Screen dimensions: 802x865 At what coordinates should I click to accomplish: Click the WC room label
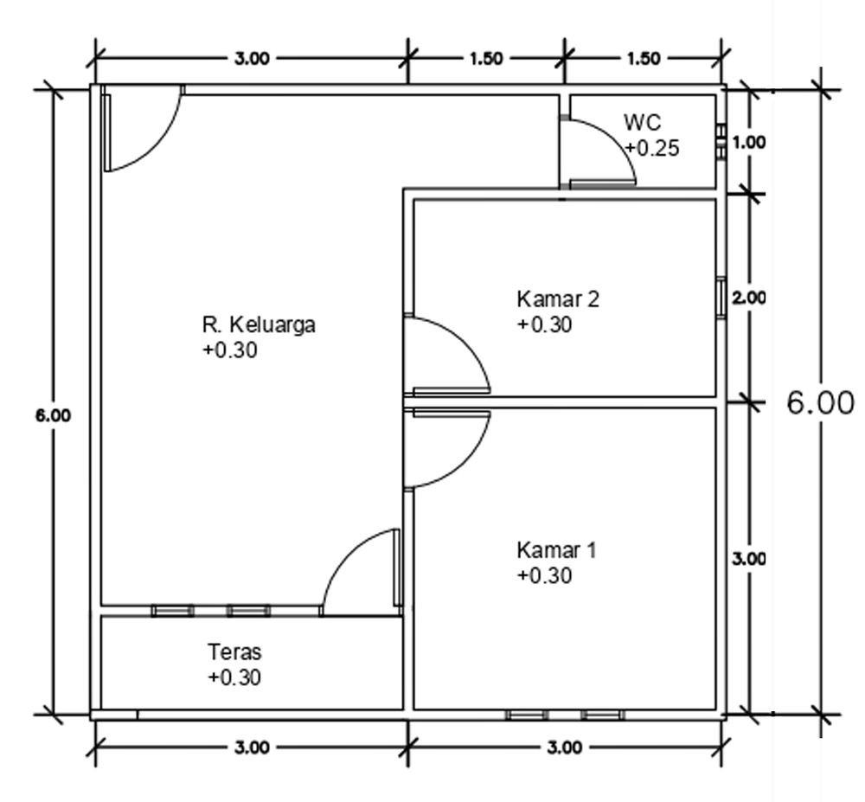(x=642, y=125)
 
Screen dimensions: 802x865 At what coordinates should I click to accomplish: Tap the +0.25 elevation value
(x=652, y=148)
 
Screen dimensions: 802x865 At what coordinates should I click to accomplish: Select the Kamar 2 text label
(x=557, y=299)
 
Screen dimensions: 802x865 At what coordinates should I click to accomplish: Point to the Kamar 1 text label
(x=556, y=550)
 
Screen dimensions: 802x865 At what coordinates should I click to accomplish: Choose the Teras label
(x=234, y=651)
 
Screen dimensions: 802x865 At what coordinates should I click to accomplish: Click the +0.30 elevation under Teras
(x=234, y=677)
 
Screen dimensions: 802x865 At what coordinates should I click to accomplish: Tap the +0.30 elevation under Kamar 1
(x=545, y=575)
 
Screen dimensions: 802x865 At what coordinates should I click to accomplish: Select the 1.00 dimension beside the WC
(x=749, y=144)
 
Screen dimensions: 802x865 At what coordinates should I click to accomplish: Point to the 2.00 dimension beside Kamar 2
(x=749, y=298)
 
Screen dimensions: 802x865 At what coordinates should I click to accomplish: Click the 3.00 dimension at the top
(x=252, y=58)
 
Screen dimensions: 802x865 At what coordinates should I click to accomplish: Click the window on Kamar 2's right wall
(x=720, y=298)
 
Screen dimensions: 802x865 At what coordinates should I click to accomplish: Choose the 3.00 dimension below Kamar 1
(x=564, y=747)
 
